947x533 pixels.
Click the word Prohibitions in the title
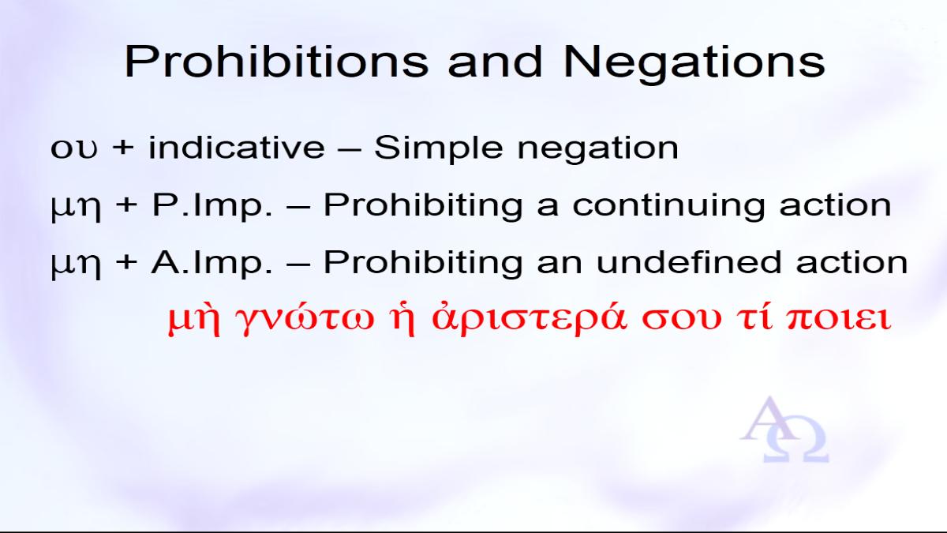tap(276, 62)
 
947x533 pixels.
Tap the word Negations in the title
tap(694, 62)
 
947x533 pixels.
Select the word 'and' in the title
tap(495, 62)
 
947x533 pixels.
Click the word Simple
tap(439, 148)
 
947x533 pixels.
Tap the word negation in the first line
tap(598, 149)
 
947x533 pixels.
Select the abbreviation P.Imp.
tap(212, 205)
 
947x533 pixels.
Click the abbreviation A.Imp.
tap(211, 262)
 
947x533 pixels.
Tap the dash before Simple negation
tap(350, 149)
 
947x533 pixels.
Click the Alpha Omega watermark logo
tap(784, 429)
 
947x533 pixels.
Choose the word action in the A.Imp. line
tap(852, 262)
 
